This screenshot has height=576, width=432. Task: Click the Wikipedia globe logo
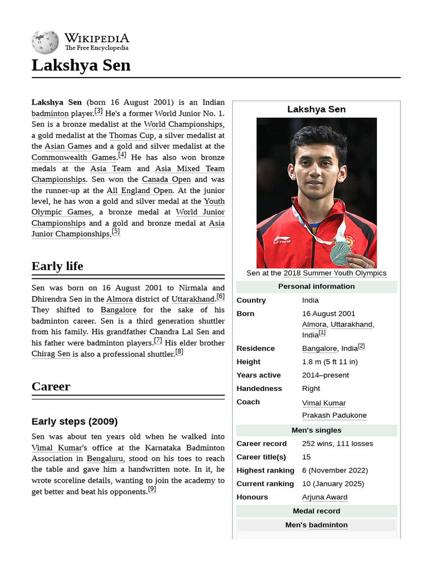click(45, 43)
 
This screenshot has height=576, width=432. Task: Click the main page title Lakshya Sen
click(81, 65)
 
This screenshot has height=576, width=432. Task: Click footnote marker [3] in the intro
click(98, 111)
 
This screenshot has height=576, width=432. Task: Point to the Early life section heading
click(57, 266)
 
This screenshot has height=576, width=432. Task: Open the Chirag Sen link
click(51, 354)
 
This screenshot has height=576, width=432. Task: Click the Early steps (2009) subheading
click(74, 421)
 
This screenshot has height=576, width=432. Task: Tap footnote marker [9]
click(152, 489)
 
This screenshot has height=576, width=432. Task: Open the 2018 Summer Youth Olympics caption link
click(335, 273)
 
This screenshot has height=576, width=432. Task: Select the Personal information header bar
click(317, 286)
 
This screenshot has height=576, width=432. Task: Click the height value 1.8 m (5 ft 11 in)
click(330, 362)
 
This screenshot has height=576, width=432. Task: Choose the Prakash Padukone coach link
click(334, 416)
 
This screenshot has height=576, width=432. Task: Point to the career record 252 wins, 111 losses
click(337, 443)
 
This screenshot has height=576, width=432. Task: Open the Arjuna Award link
click(325, 497)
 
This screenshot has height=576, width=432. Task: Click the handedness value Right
click(311, 389)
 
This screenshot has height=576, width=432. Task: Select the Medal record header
click(317, 511)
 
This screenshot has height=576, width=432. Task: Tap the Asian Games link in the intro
click(68, 146)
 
